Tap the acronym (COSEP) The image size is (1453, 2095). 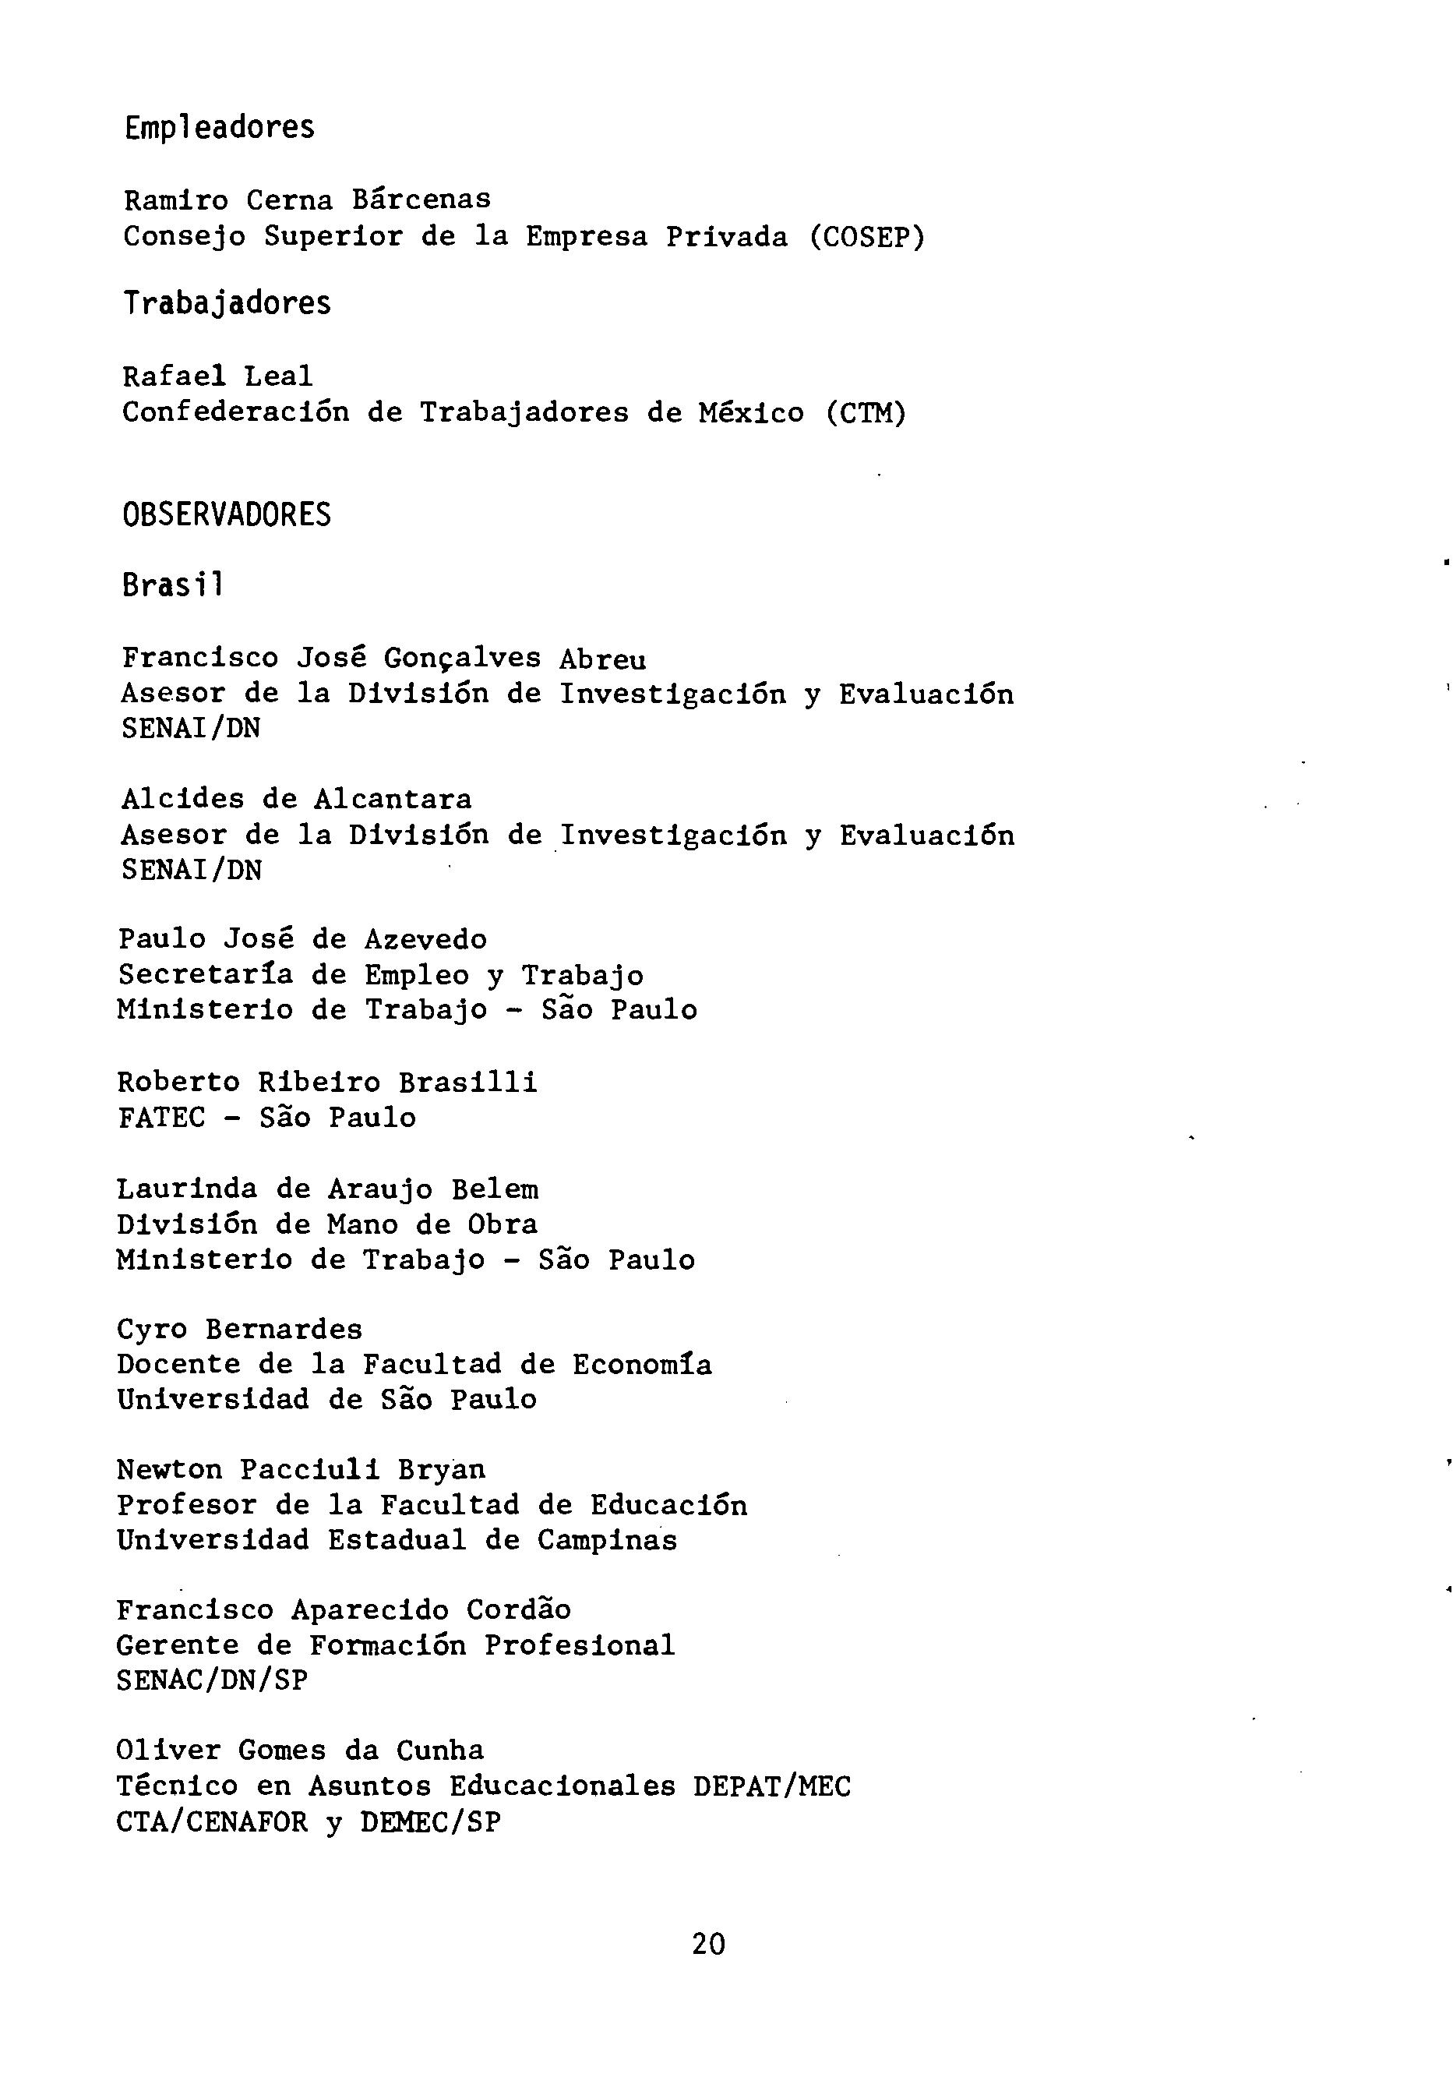(x=866, y=237)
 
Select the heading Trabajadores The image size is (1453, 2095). (x=227, y=303)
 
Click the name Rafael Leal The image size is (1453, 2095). (x=217, y=376)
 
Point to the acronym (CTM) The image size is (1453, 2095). (x=866, y=413)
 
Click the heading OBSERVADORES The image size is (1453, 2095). (x=227, y=515)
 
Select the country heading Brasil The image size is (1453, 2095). (x=172, y=585)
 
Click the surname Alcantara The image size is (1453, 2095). (x=393, y=800)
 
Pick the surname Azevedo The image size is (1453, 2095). (x=425, y=940)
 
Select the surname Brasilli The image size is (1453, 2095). (x=468, y=1083)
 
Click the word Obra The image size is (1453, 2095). (x=503, y=1224)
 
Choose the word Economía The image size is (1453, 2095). (x=642, y=1365)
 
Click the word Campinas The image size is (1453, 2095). (x=606, y=1541)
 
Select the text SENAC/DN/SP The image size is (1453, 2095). (x=212, y=1680)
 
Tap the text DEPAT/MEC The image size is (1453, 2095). (x=771, y=1786)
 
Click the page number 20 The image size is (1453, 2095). (x=708, y=1945)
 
